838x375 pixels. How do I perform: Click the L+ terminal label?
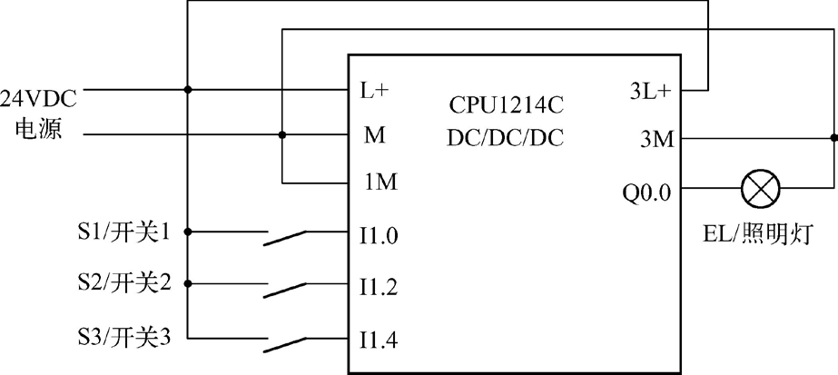pyautogui.click(x=376, y=92)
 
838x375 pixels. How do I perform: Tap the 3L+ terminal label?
pyautogui.click(x=650, y=92)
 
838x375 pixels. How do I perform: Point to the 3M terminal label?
pyautogui.click(x=656, y=140)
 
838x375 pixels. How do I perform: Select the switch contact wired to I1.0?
pyautogui.click(x=285, y=237)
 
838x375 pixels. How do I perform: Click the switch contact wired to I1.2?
pyautogui.click(x=285, y=289)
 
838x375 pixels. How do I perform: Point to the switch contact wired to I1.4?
pyautogui.click(x=285, y=341)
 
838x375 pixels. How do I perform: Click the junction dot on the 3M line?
pyautogui.click(x=833, y=140)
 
